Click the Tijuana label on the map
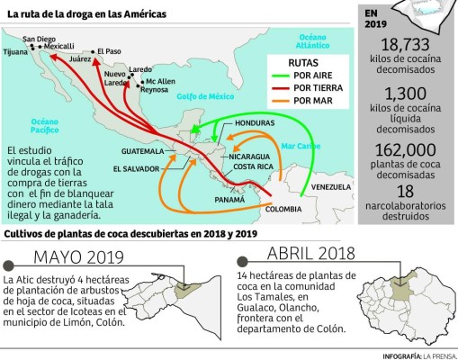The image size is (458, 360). tap(15, 52)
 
